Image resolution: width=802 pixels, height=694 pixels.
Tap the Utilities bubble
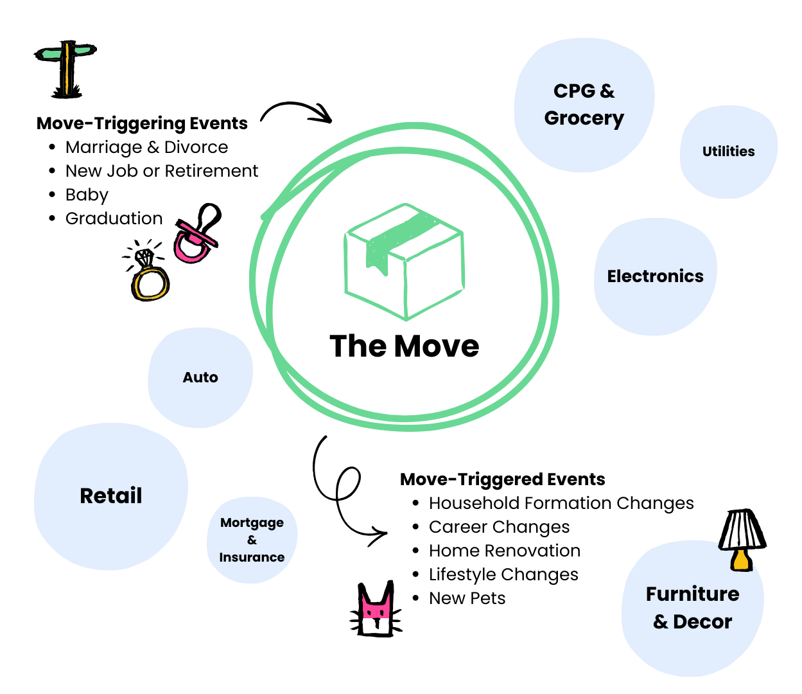pyautogui.click(x=728, y=152)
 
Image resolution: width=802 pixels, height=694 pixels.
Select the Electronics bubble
pyautogui.click(x=655, y=276)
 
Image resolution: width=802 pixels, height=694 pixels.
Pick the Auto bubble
pyautogui.click(x=200, y=377)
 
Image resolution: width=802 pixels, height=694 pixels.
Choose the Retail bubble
pyautogui.click(x=110, y=495)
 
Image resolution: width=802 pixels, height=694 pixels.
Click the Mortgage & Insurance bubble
pyautogui.click(x=252, y=540)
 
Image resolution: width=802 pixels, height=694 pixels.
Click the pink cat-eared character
pyautogui.click(x=376, y=614)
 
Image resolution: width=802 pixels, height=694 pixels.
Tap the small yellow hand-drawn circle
pyautogui.click(x=150, y=283)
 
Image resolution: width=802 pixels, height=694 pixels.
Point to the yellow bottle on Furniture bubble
pyautogui.click(x=740, y=560)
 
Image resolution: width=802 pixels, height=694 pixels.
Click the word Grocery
pyautogui.click(x=584, y=119)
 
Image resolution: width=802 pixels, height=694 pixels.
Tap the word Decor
pyautogui.click(x=702, y=622)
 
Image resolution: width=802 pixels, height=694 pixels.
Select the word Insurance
pyautogui.click(x=252, y=557)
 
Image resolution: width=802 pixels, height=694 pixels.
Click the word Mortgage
pyautogui.click(x=252, y=523)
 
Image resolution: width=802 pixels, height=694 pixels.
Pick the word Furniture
pyautogui.click(x=692, y=594)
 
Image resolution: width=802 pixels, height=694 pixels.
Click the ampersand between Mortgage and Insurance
pyautogui.click(x=252, y=540)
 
